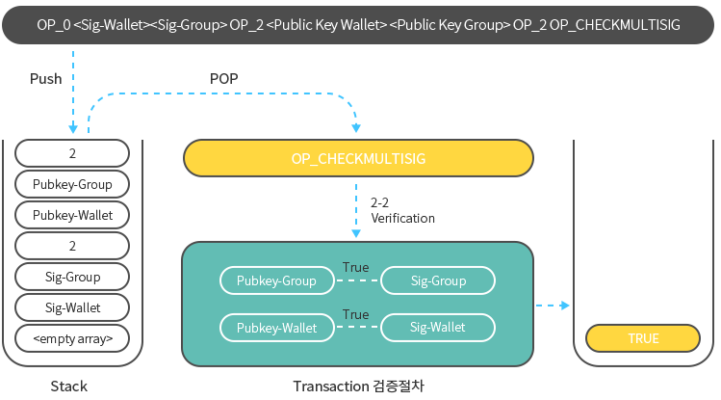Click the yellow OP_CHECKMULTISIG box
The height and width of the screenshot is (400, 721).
(x=358, y=157)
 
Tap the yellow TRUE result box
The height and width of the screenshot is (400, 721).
(x=643, y=338)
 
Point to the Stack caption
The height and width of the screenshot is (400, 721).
(x=68, y=386)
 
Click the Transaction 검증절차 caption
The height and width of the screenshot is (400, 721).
(x=358, y=386)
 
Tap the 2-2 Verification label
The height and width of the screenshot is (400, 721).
(x=401, y=211)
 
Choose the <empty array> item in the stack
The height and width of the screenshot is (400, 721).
(x=72, y=338)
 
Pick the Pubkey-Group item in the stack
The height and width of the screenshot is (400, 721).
(x=72, y=184)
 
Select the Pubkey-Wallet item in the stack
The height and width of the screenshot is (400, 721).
(x=72, y=215)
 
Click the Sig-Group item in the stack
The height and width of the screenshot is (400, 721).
(x=72, y=277)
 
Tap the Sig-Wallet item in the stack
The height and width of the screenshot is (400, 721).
(x=72, y=307)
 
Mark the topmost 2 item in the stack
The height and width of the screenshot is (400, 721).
(x=72, y=153)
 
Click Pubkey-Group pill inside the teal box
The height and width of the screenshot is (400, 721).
(x=277, y=280)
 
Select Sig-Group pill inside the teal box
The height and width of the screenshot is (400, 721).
(x=438, y=280)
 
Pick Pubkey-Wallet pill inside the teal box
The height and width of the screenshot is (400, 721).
(x=277, y=328)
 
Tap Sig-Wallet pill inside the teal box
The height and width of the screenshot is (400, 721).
(x=438, y=328)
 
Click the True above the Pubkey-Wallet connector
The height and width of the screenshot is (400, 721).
(x=355, y=314)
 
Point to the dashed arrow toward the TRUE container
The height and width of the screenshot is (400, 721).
(x=552, y=306)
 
